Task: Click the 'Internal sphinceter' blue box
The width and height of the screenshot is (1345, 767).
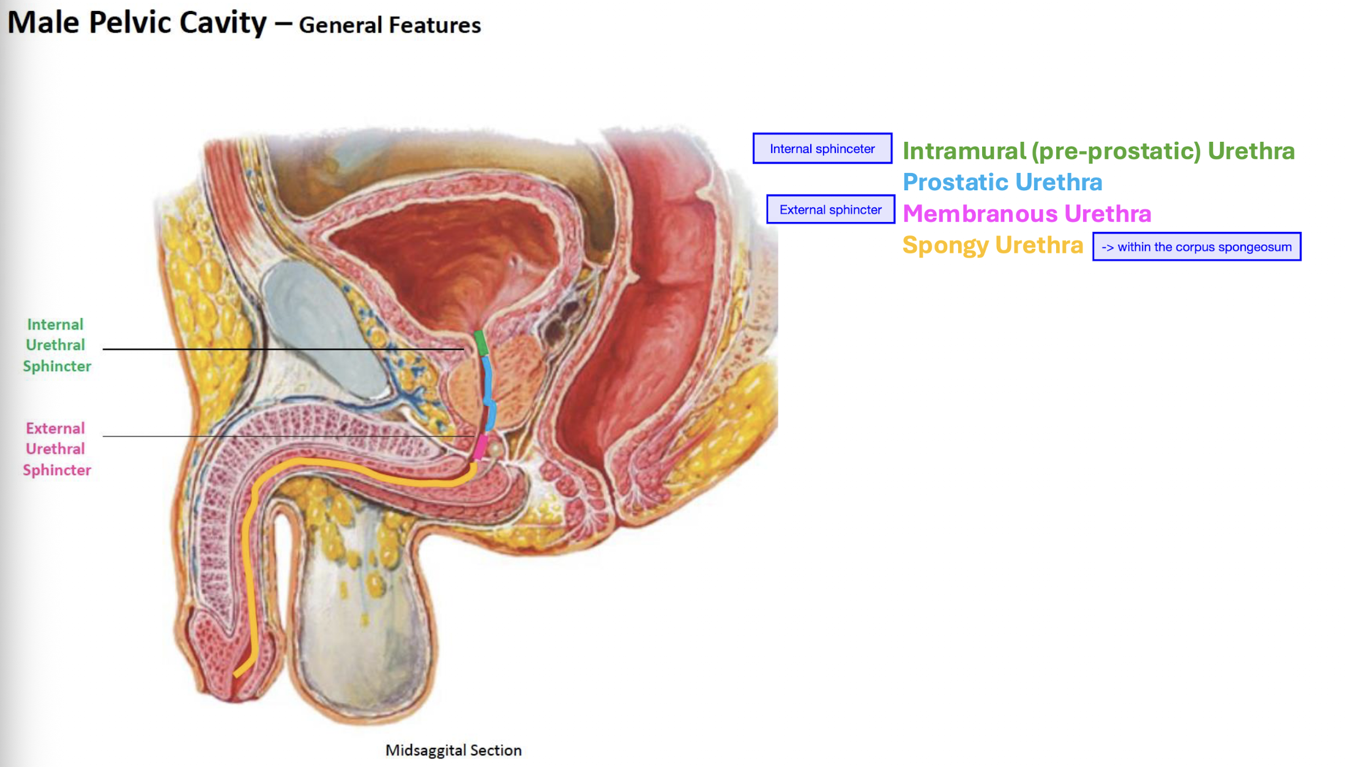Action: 822,149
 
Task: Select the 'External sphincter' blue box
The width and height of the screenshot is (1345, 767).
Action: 830,210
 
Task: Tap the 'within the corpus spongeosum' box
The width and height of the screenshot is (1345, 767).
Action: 1196,247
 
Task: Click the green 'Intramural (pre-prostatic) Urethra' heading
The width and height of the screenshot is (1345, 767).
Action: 1098,151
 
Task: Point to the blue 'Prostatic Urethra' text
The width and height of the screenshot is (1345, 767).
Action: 1002,182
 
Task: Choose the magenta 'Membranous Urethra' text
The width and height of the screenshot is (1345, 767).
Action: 1027,214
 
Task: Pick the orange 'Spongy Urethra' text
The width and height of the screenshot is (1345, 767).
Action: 993,245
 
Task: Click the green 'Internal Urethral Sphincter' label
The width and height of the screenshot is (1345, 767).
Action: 56,345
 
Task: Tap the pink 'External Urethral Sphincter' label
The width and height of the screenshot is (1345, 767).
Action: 56,449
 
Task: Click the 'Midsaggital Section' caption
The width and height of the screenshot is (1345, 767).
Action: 453,750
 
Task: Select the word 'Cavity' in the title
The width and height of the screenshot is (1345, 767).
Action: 223,23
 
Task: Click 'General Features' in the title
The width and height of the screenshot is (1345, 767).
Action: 390,25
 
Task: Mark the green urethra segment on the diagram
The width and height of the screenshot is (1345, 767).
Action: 481,343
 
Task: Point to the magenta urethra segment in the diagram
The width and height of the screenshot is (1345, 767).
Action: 480,446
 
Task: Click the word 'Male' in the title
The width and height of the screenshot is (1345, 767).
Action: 43,23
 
